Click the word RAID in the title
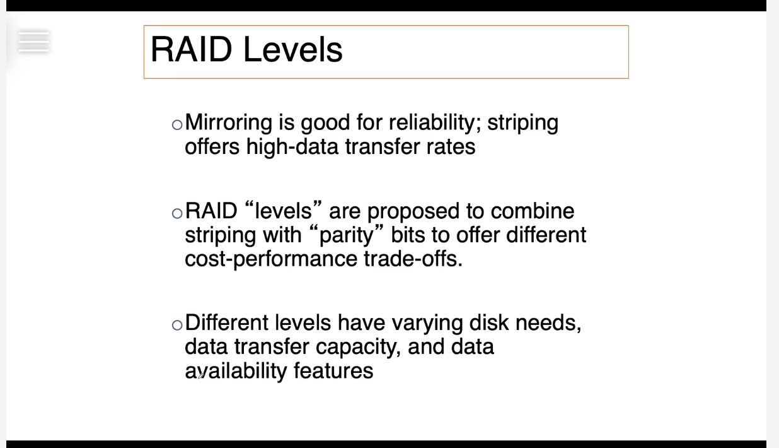(x=191, y=49)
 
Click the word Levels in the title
(x=293, y=49)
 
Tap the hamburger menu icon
(x=34, y=42)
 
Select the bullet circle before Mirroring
(x=177, y=124)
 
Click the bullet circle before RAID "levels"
(x=177, y=213)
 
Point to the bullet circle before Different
(x=177, y=325)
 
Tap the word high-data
(x=292, y=147)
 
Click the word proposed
(x=413, y=212)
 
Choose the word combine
(x=533, y=211)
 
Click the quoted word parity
(x=347, y=236)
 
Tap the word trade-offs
(x=413, y=259)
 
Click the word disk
(x=489, y=322)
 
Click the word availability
(x=236, y=372)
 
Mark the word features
(x=333, y=370)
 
